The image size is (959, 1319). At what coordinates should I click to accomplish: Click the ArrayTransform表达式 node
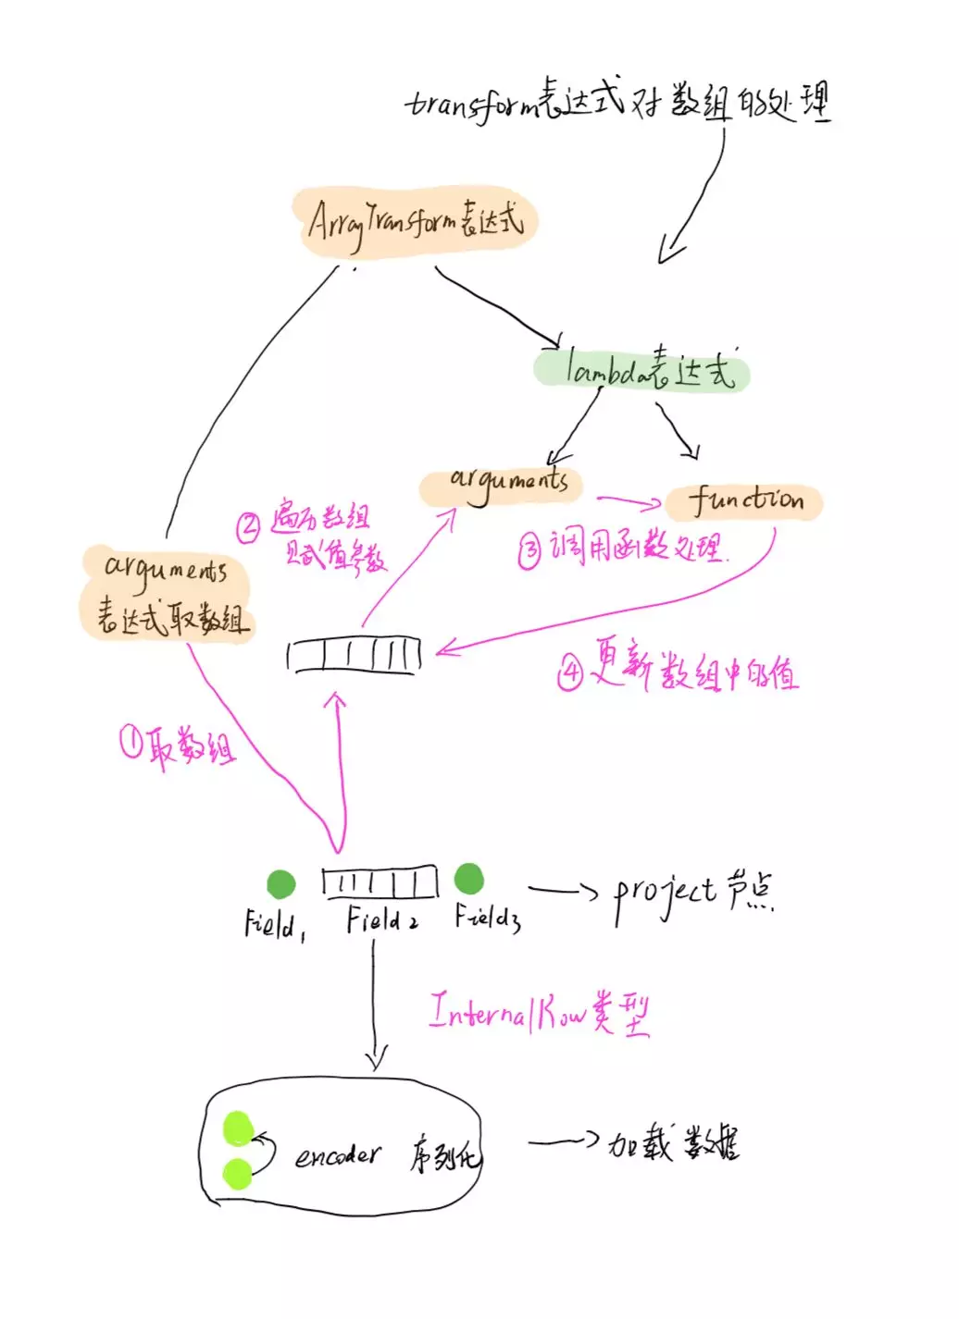pos(416,222)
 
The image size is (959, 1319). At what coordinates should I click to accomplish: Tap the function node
pos(744,501)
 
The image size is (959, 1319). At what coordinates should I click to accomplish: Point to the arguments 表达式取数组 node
pos(168,593)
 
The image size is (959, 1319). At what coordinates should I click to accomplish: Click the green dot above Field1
pos(280,884)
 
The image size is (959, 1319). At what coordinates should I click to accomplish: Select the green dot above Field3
pos(469,879)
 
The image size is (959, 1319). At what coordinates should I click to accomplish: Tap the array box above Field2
pos(380,882)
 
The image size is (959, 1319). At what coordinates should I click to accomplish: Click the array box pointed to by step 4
pos(355,656)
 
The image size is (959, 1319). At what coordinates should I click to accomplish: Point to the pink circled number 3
pos(529,552)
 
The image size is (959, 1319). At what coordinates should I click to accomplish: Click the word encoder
pos(337,1155)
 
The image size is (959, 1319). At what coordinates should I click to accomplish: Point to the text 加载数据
pos(673,1145)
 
